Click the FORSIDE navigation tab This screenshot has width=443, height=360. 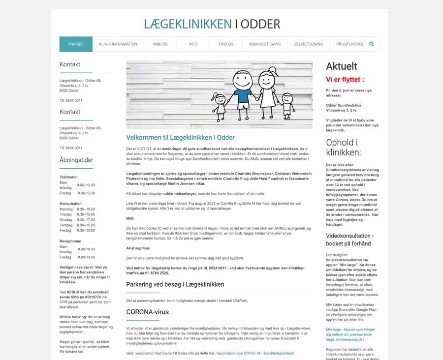point(76,44)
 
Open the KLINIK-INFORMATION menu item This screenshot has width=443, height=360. point(118,44)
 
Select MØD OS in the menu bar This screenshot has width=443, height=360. point(160,44)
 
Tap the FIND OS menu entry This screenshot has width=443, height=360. point(226,44)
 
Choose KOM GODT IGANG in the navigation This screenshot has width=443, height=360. point(265,44)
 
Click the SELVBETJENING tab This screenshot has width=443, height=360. point(309,44)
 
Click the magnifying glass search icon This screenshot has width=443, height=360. point(372,44)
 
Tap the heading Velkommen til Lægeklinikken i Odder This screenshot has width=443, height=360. point(180,138)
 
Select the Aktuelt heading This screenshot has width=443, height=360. point(342,66)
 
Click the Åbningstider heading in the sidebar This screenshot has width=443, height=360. point(76,160)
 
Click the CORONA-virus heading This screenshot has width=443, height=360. point(147,312)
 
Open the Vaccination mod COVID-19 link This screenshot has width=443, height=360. point(255,353)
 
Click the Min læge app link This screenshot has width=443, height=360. point(349,332)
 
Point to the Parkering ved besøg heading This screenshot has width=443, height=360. point(175,284)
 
